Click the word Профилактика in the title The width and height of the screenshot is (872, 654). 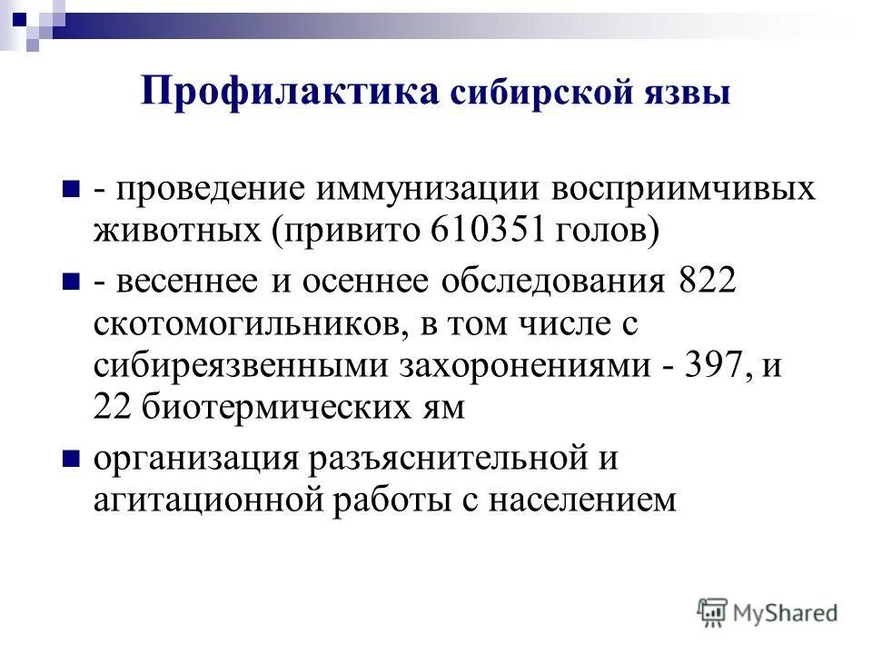click(x=290, y=93)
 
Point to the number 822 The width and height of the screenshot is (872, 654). click(x=706, y=282)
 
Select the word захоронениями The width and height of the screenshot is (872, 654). click(x=507, y=365)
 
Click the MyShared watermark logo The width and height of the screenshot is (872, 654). click(x=768, y=612)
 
